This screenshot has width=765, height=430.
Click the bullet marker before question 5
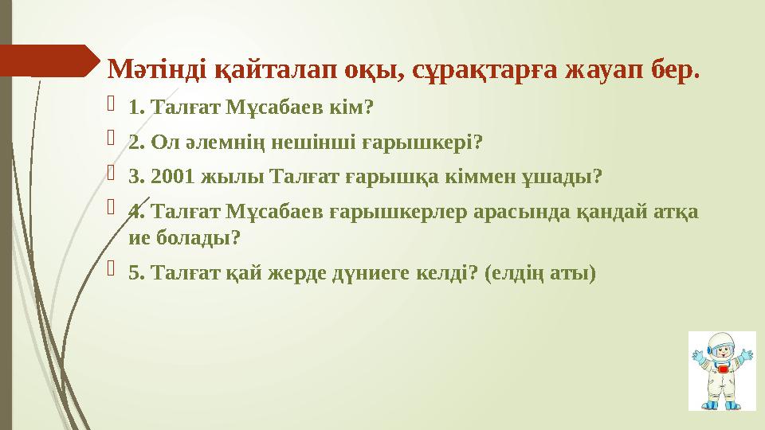112,272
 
